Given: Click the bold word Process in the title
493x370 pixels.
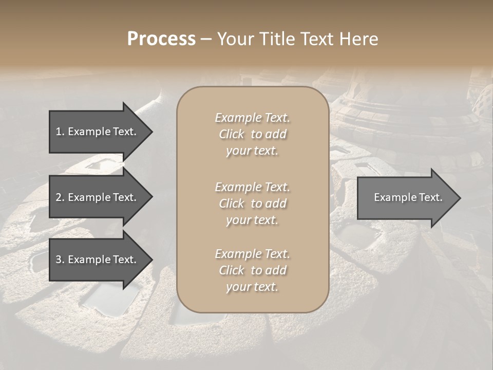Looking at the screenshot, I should [161, 39].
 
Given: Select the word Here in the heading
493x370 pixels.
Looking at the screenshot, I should [358, 39].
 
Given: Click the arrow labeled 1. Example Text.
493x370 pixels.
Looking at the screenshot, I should [96, 132].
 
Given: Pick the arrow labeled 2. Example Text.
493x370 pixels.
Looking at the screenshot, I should [96, 197].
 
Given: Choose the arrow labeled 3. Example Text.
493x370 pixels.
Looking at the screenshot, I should [96, 260].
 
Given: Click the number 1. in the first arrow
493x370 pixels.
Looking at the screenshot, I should [60, 132].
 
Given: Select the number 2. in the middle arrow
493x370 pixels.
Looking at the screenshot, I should [60, 197].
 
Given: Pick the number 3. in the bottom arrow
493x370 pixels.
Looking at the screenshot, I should [60, 260].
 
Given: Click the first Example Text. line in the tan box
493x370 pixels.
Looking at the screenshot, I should [252, 118].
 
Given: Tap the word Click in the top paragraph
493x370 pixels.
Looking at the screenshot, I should [232, 134].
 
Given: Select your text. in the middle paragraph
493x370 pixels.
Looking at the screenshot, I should [252, 220].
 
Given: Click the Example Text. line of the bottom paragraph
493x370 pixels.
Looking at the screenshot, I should [252, 254].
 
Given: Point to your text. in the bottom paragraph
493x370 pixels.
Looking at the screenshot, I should [252, 287].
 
